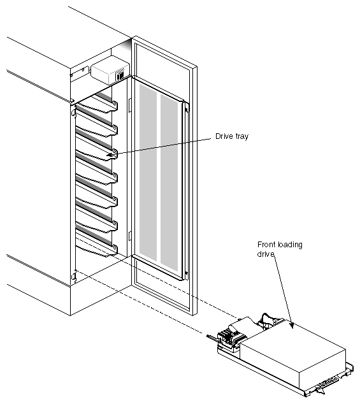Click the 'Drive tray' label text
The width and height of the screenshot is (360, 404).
coord(226,136)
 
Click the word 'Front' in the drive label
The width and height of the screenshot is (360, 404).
coord(266,245)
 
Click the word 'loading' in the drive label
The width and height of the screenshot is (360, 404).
coord(290,245)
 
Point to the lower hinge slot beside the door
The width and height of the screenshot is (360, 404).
coord(129,236)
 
